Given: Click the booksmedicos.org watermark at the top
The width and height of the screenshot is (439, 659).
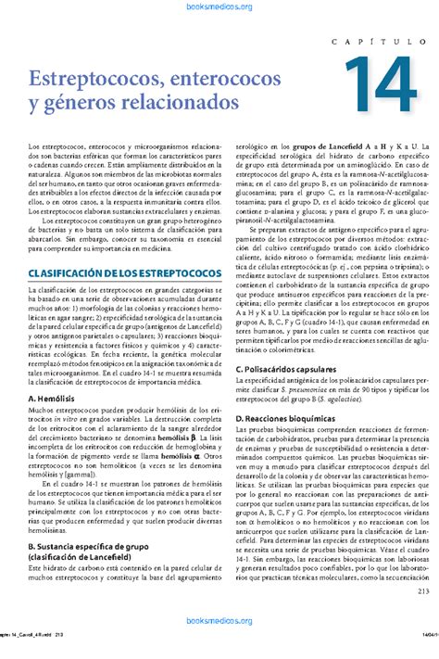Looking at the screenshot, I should pos(219,7).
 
